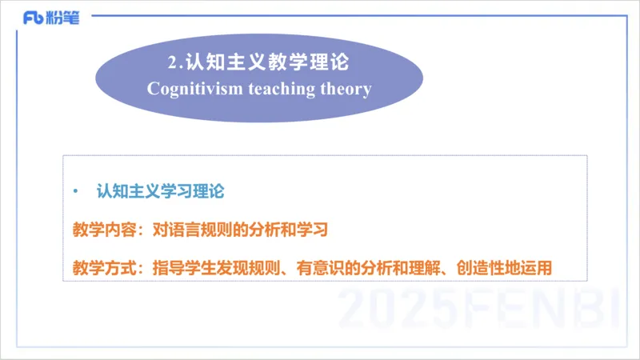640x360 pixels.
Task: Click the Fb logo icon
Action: [x=34, y=18]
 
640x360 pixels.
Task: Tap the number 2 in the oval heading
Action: [x=173, y=62]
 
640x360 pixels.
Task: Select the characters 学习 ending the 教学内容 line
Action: [x=312, y=230]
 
